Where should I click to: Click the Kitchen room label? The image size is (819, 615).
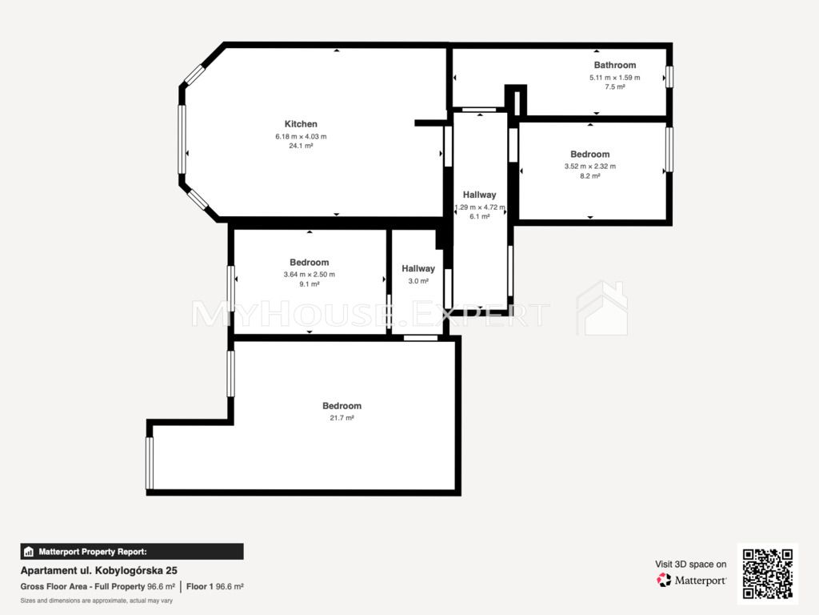point(301,124)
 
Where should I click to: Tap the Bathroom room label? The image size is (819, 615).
point(615,65)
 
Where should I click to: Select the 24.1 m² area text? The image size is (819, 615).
point(301,146)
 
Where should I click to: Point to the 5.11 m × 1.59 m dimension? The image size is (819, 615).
point(615,78)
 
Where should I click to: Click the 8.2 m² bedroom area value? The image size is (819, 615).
point(589,175)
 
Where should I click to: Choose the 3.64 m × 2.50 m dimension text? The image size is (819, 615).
point(310,274)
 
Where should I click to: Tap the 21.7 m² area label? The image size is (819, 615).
point(342,418)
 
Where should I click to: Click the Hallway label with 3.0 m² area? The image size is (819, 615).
point(417,268)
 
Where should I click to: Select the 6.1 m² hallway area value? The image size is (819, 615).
point(480,216)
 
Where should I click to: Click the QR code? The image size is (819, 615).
point(768,573)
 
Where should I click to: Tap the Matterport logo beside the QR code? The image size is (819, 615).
point(691,580)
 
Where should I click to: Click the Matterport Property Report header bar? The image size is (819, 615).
point(132,552)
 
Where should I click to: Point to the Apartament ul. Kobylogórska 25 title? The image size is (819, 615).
point(98,570)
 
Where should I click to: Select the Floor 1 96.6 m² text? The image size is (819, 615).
point(214,587)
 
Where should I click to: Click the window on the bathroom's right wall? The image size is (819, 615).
point(669,76)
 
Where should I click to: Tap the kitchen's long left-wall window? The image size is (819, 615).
point(182,139)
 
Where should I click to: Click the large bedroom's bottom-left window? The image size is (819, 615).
point(150,464)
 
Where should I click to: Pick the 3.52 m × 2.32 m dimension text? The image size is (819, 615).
point(589,167)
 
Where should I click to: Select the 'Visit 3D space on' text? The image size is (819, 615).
point(690,565)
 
